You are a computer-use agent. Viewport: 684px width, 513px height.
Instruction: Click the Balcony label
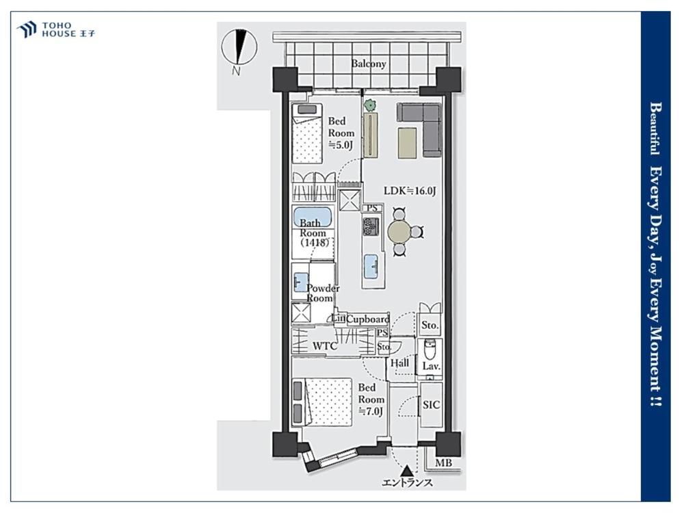[x=369, y=64]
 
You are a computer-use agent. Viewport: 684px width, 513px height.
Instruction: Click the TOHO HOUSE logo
[x=56, y=29]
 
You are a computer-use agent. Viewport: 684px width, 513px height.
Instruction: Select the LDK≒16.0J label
[x=410, y=191]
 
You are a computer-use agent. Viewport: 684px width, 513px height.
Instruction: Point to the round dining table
[x=399, y=232]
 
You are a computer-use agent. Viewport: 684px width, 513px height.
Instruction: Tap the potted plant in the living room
[x=370, y=105]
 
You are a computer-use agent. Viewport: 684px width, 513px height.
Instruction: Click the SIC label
[x=431, y=405]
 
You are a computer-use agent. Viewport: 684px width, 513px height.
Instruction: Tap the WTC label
[x=325, y=346]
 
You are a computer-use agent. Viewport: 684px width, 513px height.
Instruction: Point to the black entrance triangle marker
[x=408, y=471]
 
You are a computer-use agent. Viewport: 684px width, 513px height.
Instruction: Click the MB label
[x=444, y=463]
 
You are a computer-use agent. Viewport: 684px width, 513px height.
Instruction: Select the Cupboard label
[x=367, y=319]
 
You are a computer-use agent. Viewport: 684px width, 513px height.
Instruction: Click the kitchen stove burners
[x=371, y=227]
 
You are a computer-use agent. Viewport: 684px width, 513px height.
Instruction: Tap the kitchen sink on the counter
[x=372, y=266]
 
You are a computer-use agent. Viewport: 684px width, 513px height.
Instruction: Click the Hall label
[x=399, y=363]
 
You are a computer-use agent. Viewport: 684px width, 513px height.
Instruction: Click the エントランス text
[x=408, y=482]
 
